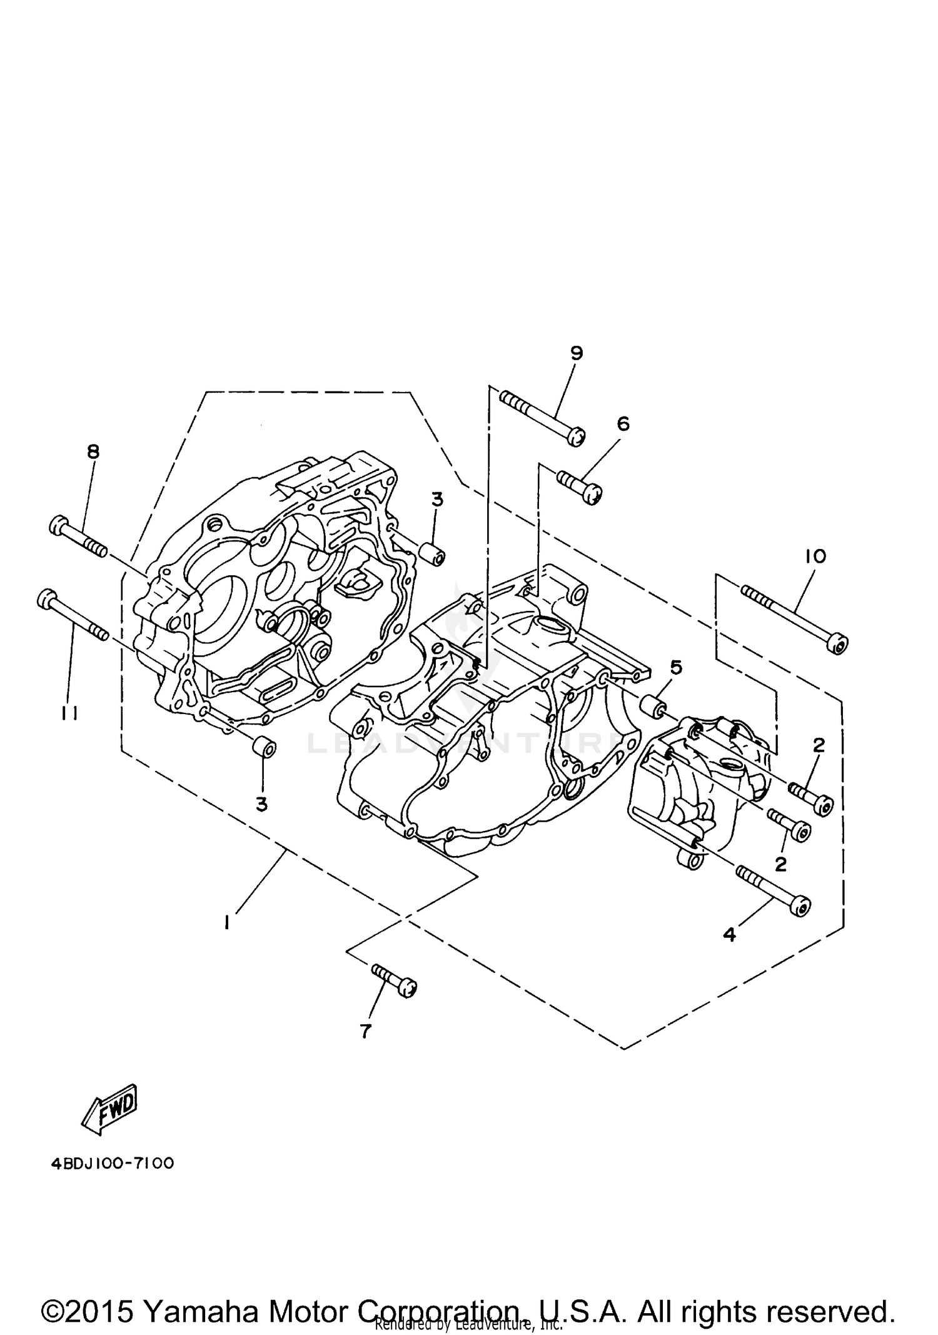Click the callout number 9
(577, 353)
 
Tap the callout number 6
(623, 424)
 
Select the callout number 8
(93, 451)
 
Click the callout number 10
(816, 556)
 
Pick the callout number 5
(675, 667)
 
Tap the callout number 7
(366, 1031)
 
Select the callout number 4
(729, 952)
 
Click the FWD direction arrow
(110, 1109)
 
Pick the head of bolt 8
(58, 524)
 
